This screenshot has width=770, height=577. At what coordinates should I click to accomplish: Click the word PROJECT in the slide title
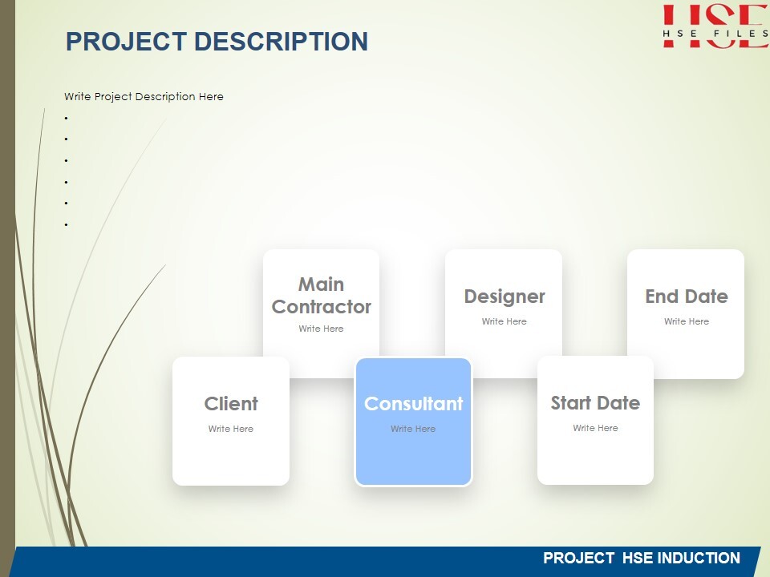point(126,41)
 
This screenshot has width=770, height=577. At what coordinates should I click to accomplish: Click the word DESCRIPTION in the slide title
point(281,41)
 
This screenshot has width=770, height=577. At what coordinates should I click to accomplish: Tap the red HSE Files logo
point(715,26)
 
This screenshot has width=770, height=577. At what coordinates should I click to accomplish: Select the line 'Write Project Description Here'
point(144,97)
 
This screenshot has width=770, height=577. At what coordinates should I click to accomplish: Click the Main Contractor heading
point(321,296)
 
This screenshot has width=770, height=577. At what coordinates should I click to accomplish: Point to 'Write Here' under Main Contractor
point(321,329)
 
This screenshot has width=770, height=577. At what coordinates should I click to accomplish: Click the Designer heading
point(505,297)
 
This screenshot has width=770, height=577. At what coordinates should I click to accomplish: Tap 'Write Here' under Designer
point(504,321)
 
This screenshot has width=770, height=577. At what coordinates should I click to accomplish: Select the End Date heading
point(687,297)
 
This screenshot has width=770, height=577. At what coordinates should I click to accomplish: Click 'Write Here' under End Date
point(687,321)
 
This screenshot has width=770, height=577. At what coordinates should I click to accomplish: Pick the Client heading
point(231,404)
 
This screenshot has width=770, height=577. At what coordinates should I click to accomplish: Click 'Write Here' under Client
point(231,429)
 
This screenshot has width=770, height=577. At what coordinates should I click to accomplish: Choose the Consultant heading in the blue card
point(414,404)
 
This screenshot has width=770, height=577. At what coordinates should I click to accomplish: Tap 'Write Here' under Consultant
point(413,429)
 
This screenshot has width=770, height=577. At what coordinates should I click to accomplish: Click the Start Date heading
point(595,403)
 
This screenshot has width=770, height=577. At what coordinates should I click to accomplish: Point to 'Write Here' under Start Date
point(595,428)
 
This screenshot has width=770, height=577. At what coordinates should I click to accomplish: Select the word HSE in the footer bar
point(638,559)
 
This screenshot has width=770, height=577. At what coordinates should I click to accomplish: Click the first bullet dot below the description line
point(66,119)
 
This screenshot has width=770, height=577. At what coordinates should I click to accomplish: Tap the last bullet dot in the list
point(66,225)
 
